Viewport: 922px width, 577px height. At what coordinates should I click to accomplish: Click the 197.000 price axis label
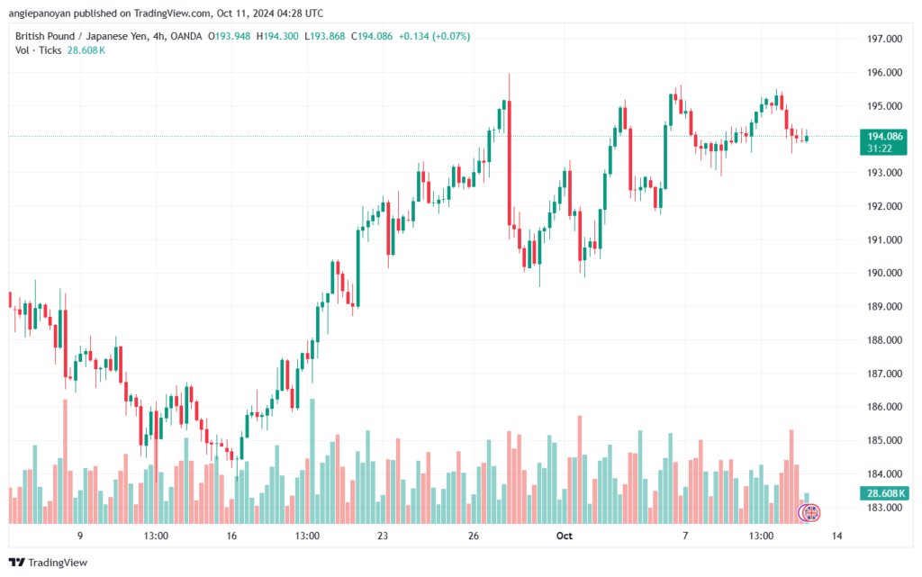[884, 39]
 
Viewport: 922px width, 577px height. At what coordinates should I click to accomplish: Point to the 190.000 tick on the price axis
[884, 273]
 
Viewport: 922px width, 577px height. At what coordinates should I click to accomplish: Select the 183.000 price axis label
[884, 507]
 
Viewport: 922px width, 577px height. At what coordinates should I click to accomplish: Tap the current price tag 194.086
[884, 136]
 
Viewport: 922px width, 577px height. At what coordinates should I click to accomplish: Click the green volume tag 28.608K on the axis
[884, 493]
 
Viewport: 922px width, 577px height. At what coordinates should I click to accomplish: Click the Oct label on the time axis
[564, 536]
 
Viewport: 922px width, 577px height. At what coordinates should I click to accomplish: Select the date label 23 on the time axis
[383, 536]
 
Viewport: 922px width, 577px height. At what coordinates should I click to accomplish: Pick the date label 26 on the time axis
[474, 536]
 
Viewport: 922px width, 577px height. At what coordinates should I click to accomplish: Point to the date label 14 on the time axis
[836, 536]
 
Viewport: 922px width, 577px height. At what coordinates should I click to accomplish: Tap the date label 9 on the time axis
[80, 536]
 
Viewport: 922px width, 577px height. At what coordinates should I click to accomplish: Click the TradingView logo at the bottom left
[49, 563]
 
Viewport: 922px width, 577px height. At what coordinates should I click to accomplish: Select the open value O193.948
[229, 36]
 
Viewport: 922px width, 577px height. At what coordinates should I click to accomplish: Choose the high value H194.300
[277, 36]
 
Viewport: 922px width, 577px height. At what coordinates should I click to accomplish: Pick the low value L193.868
[324, 36]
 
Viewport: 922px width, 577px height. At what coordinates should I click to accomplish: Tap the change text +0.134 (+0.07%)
[434, 36]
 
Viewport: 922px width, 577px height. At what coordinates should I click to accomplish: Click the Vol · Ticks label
[38, 50]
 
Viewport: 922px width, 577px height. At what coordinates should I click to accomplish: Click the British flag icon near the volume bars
[811, 513]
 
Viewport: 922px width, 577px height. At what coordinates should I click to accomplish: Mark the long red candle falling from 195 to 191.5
[510, 163]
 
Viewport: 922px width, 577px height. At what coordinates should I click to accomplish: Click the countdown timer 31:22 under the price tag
[880, 149]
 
